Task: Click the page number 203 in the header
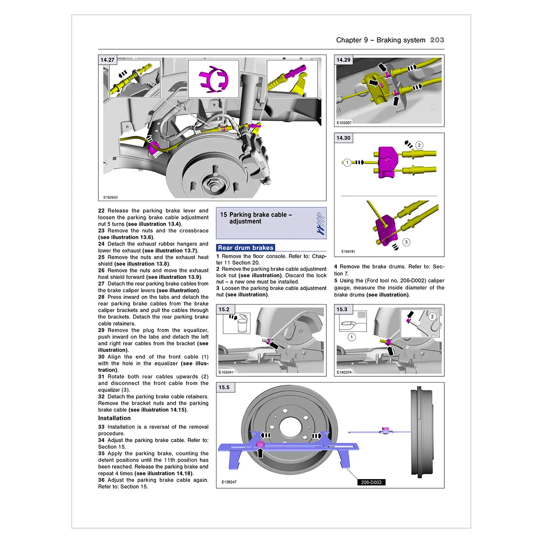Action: pyautogui.click(x=437, y=40)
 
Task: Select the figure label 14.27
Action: pyautogui.click(x=107, y=60)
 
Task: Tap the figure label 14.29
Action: pyautogui.click(x=343, y=60)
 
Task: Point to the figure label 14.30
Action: pyautogui.click(x=343, y=138)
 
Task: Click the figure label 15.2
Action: pyautogui.click(x=224, y=309)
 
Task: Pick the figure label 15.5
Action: pyautogui.click(x=224, y=387)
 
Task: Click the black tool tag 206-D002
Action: pyautogui.click(x=371, y=482)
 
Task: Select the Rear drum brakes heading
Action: pyautogui.click(x=245, y=248)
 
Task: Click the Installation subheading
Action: pyautogui.click(x=114, y=418)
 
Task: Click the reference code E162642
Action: pyautogui.click(x=110, y=198)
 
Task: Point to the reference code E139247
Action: pyautogui.click(x=229, y=482)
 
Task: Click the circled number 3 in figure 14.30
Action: pyautogui.click(x=406, y=242)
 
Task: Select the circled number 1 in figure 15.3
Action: pyautogui.click(x=352, y=337)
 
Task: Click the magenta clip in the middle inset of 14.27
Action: pyautogui.click(x=213, y=78)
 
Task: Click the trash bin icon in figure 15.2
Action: pyautogui.click(x=243, y=325)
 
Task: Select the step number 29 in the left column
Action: pyautogui.click(x=101, y=330)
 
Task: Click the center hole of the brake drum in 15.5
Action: pyautogui.click(x=290, y=427)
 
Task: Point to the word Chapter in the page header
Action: pyautogui.click(x=349, y=40)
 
